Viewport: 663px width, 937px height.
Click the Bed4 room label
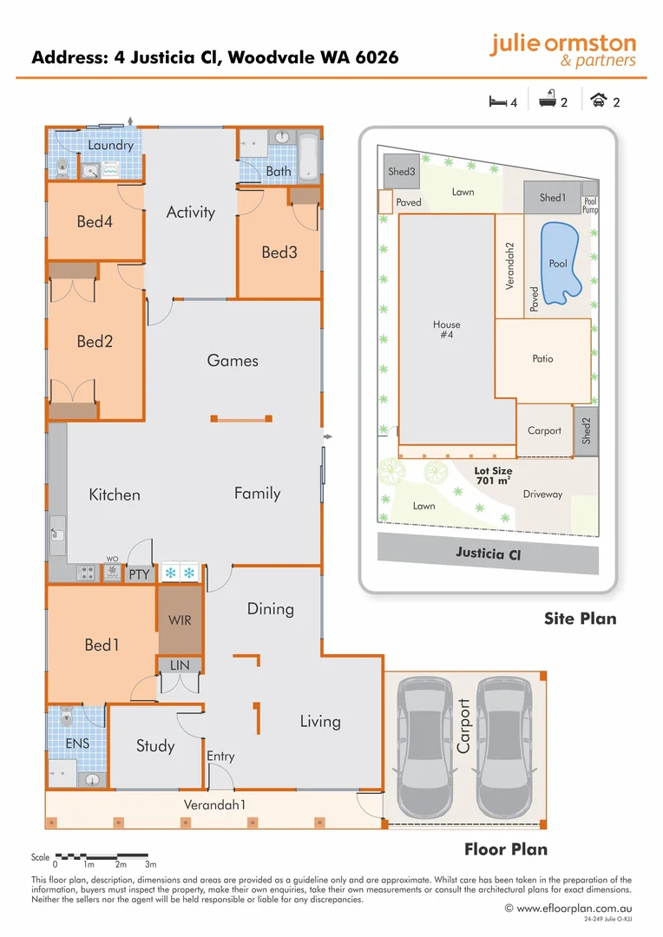(x=95, y=222)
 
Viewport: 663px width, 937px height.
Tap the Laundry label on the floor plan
(x=110, y=145)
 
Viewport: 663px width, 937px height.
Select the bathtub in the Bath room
(x=309, y=156)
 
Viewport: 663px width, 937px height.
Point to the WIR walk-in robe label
(x=180, y=620)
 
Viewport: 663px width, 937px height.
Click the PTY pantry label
(x=139, y=573)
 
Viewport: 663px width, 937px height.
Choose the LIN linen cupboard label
(x=180, y=665)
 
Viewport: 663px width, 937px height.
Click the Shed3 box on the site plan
(x=401, y=172)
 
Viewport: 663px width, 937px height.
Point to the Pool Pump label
(x=590, y=205)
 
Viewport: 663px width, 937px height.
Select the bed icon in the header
(x=497, y=101)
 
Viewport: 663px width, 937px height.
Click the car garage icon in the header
(x=599, y=101)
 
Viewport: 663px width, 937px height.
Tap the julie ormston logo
(x=562, y=49)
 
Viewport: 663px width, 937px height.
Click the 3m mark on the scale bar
(x=150, y=864)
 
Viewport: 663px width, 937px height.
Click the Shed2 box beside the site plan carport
(x=586, y=430)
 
